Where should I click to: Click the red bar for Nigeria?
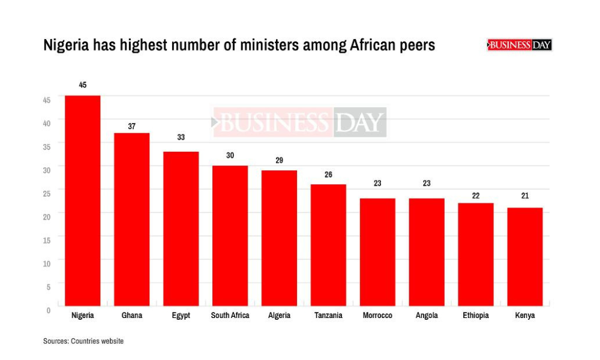tap(83, 201)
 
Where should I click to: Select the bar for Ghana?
tap(132, 220)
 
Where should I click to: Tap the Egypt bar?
tap(181, 229)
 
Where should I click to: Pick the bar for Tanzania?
tap(328, 245)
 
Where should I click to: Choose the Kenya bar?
tap(525, 257)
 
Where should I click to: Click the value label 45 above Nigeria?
tap(83, 85)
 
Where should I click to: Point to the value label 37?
tap(132, 127)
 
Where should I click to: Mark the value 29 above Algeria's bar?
tap(279, 160)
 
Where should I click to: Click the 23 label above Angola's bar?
tap(427, 183)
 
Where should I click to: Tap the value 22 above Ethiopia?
tap(476, 196)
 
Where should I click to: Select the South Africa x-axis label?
tap(230, 316)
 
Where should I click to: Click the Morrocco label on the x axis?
tap(377, 316)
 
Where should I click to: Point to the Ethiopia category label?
tap(476, 316)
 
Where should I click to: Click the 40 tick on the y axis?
tap(47, 122)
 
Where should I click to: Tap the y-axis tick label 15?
tap(47, 239)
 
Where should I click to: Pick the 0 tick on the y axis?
tap(49, 310)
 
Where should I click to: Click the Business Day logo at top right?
tap(520, 45)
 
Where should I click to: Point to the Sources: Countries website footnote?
tap(83, 341)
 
